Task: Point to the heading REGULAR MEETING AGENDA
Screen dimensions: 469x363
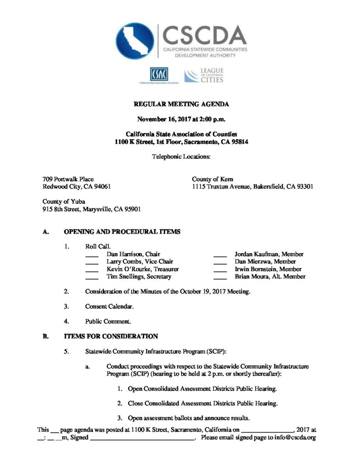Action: pyautogui.click(x=181, y=105)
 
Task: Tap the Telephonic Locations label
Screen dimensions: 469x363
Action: pyautogui.click(x=181, y=157)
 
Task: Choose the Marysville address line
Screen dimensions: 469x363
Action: pyautogui.click(x=92, y=209)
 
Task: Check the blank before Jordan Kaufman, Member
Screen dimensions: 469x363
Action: pyautogui.click(x=220, y=255)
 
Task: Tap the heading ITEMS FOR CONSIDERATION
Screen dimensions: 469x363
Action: pyautogui.click(x=111, y=336)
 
